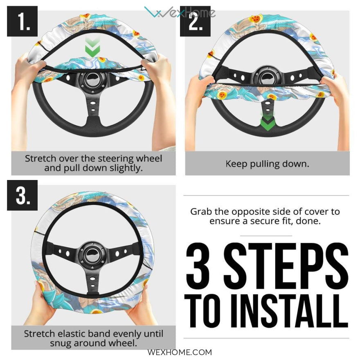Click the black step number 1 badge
point(22,21)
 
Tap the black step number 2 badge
point(195,21)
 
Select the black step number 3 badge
point(22,195)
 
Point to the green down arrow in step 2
point(267,122)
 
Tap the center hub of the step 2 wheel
point(268,77)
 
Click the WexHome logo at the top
point(180,12)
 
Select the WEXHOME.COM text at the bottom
point(180,352)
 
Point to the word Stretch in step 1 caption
point(40,158)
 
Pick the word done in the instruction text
point(308,221)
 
